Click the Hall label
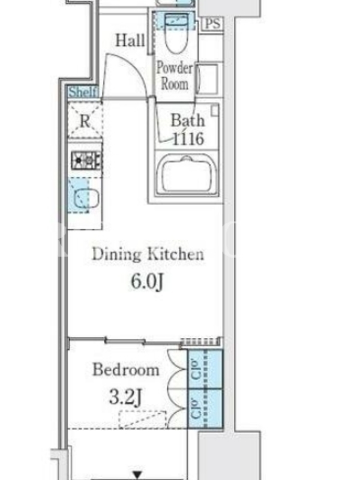coord(130,40)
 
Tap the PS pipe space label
coord(212,23)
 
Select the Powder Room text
coord(175,76)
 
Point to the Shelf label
coord(83,92)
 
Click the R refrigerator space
coord(85,121)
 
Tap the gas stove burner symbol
coord(86,160)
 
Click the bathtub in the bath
coord(187,173)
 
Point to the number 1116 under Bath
coord(188,139)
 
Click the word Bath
coord(187,120)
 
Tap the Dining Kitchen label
coord(148,254)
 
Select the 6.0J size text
coord(147,281)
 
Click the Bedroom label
coord(126,369)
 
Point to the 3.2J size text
coord(125,398)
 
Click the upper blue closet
coord(205,369)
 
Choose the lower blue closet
coord(205,409)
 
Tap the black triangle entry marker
coord(137,475)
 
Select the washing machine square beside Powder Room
coord(208,78)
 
